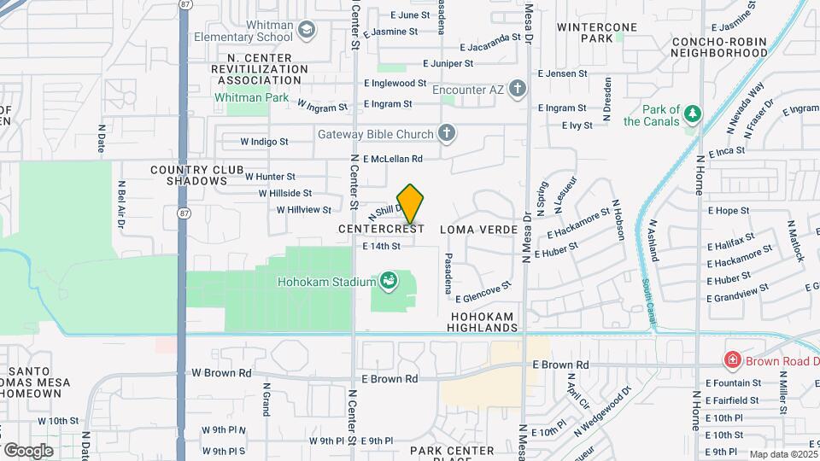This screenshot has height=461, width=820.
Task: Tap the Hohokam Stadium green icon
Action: [x=389, y=281]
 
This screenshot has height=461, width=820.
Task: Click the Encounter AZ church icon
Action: [x=516, y=87]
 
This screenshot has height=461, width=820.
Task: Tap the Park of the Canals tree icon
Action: [x=693, y=114]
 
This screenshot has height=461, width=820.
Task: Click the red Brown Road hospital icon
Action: [x=731, y=360]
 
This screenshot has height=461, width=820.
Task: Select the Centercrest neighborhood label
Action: [x=381, y=230]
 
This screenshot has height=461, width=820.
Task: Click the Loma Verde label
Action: [x=478, y=230]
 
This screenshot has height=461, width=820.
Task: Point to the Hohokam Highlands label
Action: [x=483, y=322]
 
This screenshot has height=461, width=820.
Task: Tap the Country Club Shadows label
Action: [x=197, y=175]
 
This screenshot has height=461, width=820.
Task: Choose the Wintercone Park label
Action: [x=597, y=32]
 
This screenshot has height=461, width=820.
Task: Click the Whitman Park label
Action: [x=251, y=98]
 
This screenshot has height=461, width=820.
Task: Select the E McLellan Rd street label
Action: [x=393, y=159]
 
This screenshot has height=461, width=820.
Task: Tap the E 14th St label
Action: [x=381, y=247]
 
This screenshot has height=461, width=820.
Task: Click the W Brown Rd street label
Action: [x=221, y=373]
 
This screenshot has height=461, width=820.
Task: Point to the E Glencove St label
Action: [x=483, y=292]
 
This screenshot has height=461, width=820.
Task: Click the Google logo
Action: [x=28, y=450]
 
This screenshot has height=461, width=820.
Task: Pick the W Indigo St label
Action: [x=264, y=141]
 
